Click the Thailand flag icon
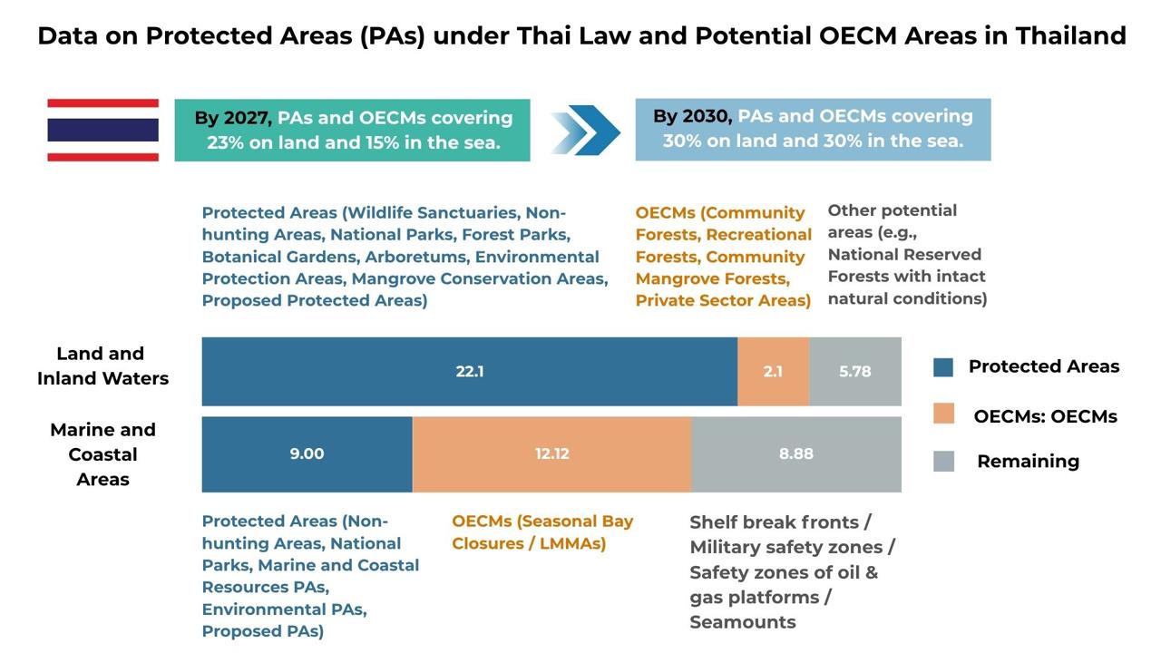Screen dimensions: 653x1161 pos(102,130)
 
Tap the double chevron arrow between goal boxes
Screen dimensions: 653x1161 pos(585,131)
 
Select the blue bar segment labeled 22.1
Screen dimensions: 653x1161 pos(469,371)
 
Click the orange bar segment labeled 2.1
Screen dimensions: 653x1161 pos(773,371)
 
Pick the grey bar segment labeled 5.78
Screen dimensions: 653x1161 pos(855,371)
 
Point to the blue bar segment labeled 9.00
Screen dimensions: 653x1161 pos(307,453)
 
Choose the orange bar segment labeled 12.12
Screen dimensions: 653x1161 pos(551,453)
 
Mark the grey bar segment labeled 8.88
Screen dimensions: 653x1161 pos(796,453)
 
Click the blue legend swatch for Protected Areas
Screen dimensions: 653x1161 pos(943,366)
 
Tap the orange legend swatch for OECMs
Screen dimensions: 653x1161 pos(943,414)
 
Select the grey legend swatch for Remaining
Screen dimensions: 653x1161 pos(943,462)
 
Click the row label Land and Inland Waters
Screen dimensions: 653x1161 pos(102,366)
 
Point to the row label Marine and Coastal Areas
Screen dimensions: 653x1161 pos(102,454)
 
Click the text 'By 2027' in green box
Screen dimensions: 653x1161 pos(232,118)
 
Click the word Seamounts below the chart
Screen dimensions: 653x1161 pos(742,622)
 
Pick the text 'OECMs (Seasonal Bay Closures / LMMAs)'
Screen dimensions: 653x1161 pos(542,532)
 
